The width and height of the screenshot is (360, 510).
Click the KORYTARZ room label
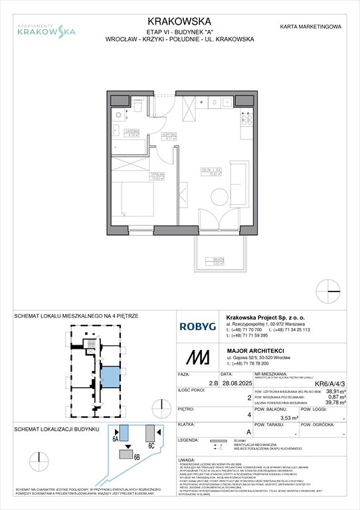tap(168, 135)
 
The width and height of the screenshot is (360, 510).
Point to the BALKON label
tap(217, 262)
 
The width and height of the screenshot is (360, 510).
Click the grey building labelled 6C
tap(151, 432)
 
